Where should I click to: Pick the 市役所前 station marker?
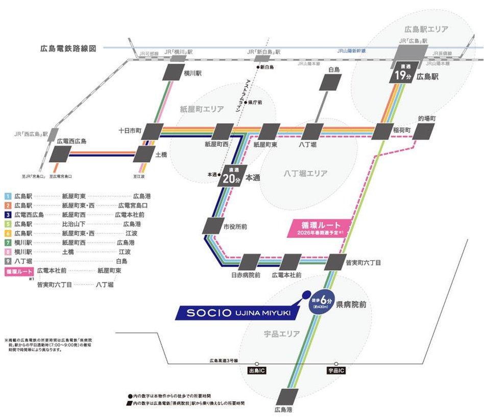tap(213, 226)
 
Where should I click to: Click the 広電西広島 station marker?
tap(61, 153)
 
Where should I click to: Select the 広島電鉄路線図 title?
tap(68, 50)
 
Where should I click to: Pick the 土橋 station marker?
tap(145, 153)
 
